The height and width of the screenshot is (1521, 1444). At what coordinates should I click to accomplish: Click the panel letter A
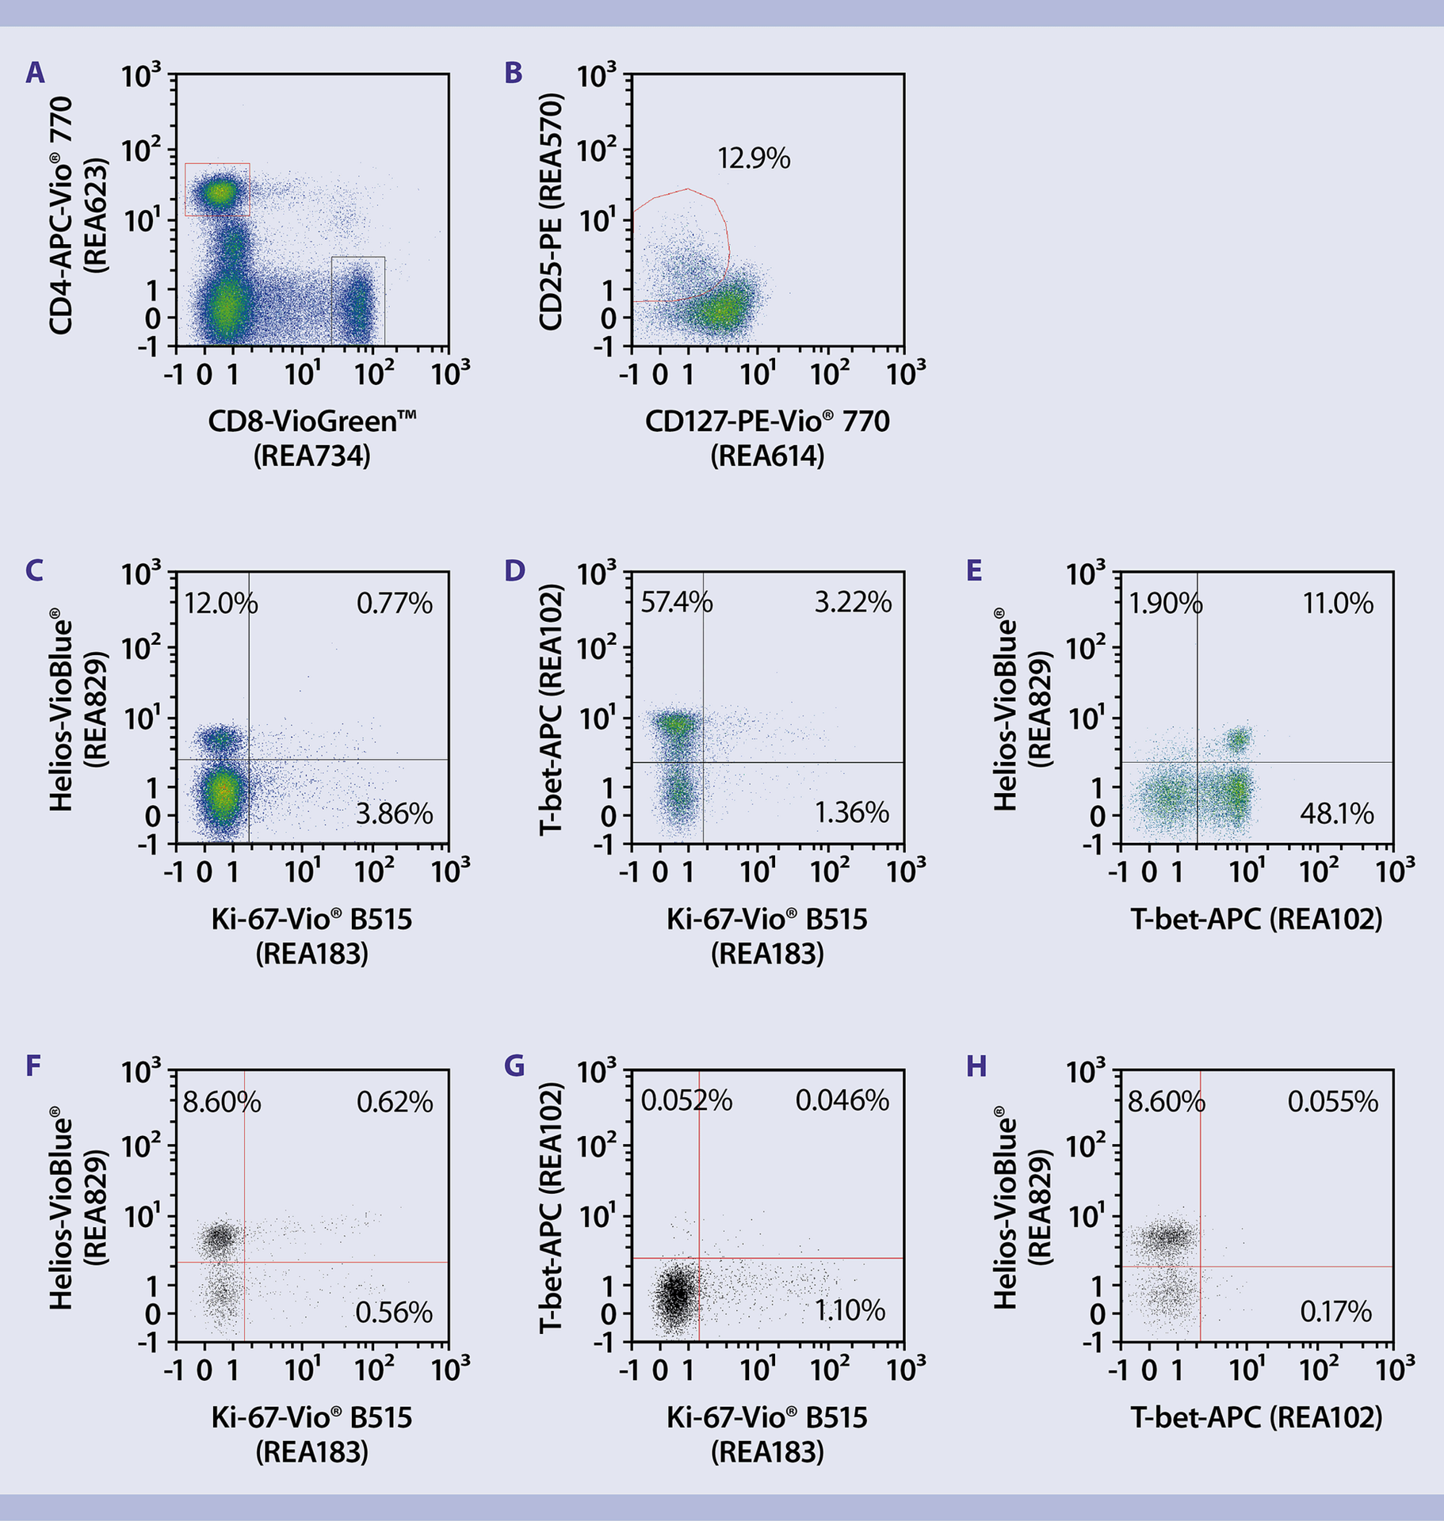[x=35, y=74]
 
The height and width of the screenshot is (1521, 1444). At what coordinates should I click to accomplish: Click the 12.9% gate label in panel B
[x=753, y=159]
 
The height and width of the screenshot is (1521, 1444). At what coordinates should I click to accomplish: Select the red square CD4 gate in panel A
[x=217, y=189]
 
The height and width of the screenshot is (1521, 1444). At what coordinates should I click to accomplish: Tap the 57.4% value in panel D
[x=676, y=603]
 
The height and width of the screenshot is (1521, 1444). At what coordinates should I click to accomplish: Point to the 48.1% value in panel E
[x=1336, y=814]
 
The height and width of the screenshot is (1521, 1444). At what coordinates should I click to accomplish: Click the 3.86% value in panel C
[x=394, y=814]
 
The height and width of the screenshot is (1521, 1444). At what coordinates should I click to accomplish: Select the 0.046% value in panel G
[x=842, y=1100]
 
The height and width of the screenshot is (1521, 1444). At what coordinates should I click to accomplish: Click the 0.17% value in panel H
[x=1335, y=1311]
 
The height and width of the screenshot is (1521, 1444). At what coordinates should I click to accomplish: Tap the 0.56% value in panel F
[x=394, y=1313]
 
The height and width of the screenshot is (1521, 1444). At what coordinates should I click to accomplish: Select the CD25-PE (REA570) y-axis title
[x=551, y=212]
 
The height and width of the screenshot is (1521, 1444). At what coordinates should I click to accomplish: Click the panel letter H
[x=976, y=1066]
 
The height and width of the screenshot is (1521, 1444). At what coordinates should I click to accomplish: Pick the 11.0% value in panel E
[x=1337, y=604]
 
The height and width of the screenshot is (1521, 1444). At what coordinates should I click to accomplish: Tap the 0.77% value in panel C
[x=394, y=604]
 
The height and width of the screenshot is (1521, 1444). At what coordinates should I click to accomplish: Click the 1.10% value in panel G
[x=850, y=1310]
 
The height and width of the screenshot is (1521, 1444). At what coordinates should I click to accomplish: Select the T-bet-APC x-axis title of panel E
[x=1256, y=919]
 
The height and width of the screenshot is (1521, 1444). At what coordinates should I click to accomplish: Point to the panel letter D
[x=514, y=571]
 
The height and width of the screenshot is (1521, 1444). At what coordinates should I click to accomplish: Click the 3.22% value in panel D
[x=853, y=603]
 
